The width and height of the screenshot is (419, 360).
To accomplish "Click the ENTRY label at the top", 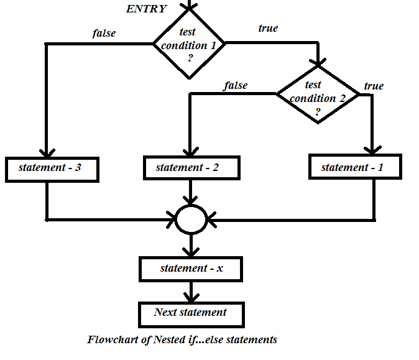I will tap(147, 9).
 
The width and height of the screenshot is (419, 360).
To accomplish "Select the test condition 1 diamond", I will tap(189, 44).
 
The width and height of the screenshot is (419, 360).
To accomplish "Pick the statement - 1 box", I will tap(354, 167).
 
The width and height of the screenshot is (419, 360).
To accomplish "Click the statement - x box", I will tap(191, 269).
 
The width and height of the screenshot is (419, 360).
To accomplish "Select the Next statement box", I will tap(191, 312).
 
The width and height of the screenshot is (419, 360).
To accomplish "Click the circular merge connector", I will tap(190, 219).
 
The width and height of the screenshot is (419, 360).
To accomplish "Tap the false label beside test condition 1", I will tap(104, 33).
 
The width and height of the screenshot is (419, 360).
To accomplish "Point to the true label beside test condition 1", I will tap(267, 28).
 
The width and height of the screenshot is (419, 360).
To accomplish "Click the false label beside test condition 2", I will tap(235, 85).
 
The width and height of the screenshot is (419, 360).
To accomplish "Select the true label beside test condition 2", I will tap(374, 86).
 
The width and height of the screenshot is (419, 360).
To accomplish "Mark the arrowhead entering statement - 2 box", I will tap(190, 152).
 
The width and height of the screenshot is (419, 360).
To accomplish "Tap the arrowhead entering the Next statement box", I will tap(191, 298).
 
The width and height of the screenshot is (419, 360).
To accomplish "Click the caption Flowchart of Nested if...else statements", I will tap(182, 340).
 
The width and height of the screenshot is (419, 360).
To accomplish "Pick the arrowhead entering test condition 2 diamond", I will tap(318, 62).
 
